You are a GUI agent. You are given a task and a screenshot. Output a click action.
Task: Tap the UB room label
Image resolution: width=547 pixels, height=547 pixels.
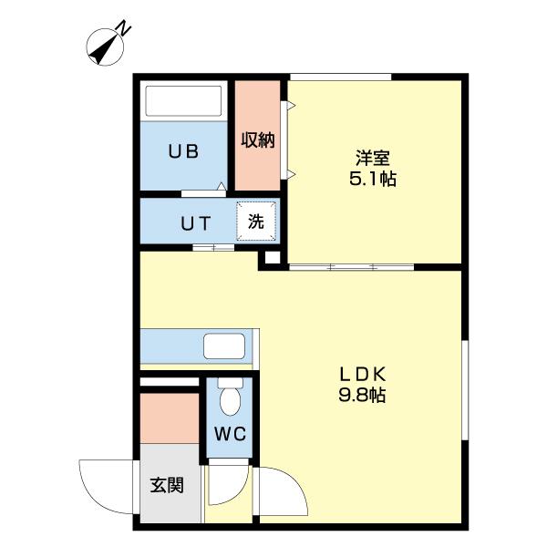pyautogui.click(x=182, y=152)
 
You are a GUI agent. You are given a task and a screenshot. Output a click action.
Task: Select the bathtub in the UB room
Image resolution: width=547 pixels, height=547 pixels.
pyautogui.click(x=183, y=101)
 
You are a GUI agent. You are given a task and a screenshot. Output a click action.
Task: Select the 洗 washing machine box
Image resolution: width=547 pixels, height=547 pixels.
pyautogui.click(x=256, y=221)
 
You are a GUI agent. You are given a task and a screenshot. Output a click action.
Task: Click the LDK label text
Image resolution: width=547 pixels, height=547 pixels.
pyautogui.click(x=365, y=374)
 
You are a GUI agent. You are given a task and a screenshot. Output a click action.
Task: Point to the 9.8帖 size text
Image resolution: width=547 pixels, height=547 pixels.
pyautogui.click(x=365, y=397)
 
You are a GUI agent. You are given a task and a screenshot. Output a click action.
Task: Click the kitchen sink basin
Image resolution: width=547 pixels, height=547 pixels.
pyautogui.click(x=222, y=347)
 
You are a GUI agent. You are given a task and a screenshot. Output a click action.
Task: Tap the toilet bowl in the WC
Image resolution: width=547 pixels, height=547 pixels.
pyautogui.click(x=231, y=398)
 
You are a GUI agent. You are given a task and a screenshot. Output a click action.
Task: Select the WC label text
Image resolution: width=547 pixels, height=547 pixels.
pyautogui.click(x=231, y=435)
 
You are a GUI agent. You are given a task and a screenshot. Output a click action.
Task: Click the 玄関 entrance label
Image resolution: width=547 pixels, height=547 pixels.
pyautogui.click(x=167, y=484)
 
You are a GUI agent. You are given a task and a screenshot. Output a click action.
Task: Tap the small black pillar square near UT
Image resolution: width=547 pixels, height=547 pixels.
pyautogui.click(x=271, y=259)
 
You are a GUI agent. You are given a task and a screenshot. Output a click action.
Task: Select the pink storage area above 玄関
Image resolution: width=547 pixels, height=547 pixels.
pyautogui.click(x=170, y=418)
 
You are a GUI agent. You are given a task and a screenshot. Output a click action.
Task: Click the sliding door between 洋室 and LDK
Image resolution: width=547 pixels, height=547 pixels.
pyautogui.click(x=351, y=267)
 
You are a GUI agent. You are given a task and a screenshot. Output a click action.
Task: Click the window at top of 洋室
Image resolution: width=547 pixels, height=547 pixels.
pyautogui.click(x=341, y=77)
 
